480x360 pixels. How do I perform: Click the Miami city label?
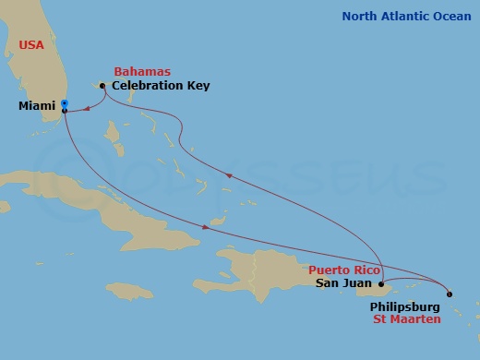(x=37, y=106)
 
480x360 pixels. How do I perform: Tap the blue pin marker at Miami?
(x=64, y=104)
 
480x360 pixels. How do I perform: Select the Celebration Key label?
(x=161, y=86)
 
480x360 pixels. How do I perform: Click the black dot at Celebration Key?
(x=102, y=86)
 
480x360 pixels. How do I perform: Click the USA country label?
(x=34, y=45)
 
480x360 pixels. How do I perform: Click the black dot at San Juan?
(x=380, y=283)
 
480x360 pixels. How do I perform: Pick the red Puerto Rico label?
(x=342, y=270)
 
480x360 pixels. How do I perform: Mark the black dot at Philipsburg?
(x=450, y=294)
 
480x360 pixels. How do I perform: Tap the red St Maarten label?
(x=406, y=318)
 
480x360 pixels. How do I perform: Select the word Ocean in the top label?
(x=452, y=17)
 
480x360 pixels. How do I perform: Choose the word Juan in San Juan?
(x=358, y=283)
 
